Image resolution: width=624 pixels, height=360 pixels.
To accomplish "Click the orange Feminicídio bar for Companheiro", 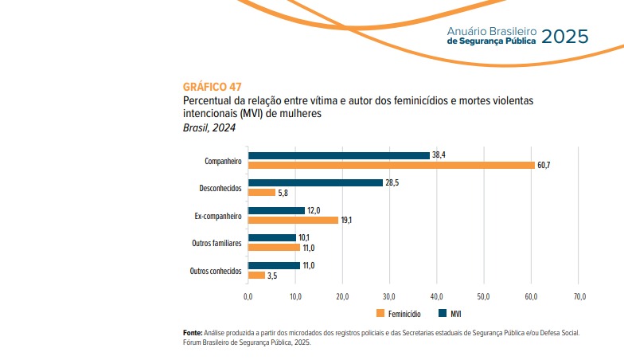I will (392, 165).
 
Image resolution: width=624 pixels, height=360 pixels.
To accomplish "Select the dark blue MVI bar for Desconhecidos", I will (315, 182).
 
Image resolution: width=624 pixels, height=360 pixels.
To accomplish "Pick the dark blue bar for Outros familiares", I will (272, 237).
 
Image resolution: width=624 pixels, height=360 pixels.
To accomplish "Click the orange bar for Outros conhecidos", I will (256, 275).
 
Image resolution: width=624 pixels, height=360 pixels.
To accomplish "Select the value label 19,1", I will (347, 220).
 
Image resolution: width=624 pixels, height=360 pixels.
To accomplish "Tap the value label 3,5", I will (273, 275).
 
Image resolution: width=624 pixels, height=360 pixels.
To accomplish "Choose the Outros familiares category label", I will (216, 243).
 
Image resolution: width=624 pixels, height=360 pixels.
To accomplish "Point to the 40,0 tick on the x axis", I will (437, 296).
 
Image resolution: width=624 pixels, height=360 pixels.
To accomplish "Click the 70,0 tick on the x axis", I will (579, 296).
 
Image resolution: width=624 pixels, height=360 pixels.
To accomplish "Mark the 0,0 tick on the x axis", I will (248, 296).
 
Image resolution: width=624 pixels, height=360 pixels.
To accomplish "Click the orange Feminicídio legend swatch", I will (380, 313).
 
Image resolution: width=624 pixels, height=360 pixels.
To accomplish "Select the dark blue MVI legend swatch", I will (443, 313).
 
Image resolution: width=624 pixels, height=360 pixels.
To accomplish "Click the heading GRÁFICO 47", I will (212, 86).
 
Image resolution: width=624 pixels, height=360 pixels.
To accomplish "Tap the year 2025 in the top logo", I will (565, 36).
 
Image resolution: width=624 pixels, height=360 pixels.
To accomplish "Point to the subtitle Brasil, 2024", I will (209, 128).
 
